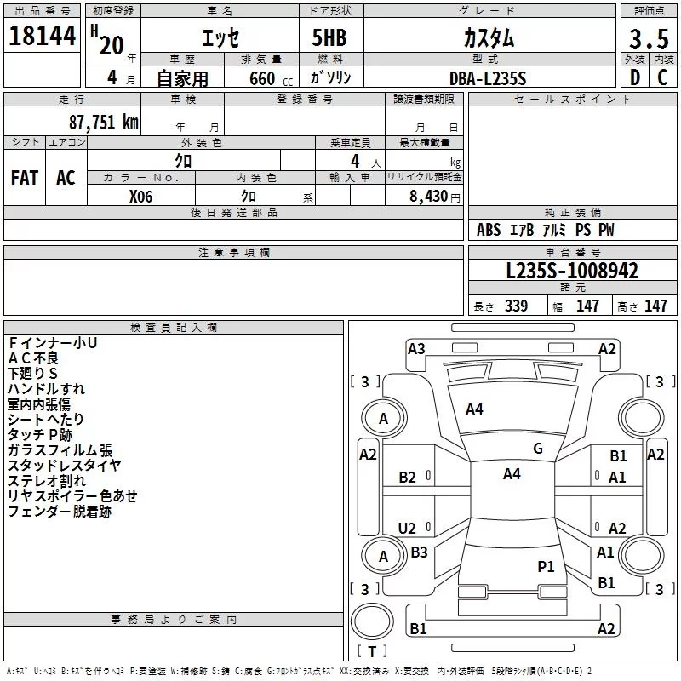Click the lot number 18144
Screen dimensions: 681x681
coord(42,36)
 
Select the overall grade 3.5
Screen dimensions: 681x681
coord(649,38)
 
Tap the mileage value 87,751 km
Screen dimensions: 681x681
coord(104,122)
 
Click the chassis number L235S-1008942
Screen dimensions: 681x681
coord(572,271)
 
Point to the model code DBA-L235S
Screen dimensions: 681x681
coord(488,78)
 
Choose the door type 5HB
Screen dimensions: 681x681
coord(329,37)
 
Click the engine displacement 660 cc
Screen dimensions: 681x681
coord(271,78)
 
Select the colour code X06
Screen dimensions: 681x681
coord(140,197)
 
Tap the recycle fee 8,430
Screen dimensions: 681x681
coord(429,196)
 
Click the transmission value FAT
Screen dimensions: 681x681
coord(25,178)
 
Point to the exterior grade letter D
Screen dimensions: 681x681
coord(635,77)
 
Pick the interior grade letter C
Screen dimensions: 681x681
coord(662,77)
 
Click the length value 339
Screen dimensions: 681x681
coord(516,306)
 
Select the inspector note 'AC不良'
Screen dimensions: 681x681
coord(33,358)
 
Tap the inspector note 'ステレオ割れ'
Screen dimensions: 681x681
coord(47,481)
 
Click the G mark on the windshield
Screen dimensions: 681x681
coord(538,449)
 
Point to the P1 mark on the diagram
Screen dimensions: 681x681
coord(546,566)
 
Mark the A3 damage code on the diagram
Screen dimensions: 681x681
coord(416,349)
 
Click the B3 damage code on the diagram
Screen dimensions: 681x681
coord(419,552)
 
